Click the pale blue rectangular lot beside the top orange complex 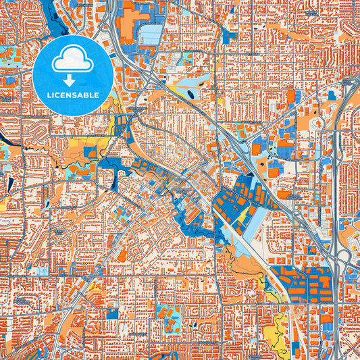151,34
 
